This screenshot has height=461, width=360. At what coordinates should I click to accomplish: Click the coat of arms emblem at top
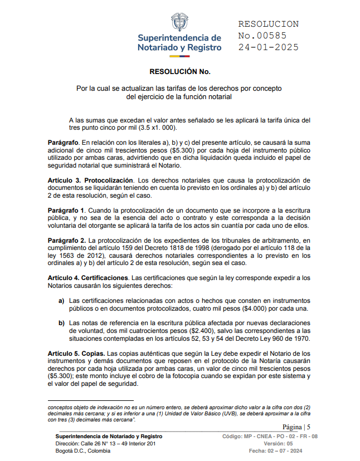[179, 21]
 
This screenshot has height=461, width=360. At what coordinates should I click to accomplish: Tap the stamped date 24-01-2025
[268, 47]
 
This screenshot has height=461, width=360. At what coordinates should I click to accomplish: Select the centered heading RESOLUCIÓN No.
[179, 72]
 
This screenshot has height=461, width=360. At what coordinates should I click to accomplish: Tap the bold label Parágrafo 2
[66, 240]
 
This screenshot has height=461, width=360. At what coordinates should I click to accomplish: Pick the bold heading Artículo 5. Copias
[76, 354]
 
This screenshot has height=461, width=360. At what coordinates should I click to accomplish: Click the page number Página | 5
[298, 426]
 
